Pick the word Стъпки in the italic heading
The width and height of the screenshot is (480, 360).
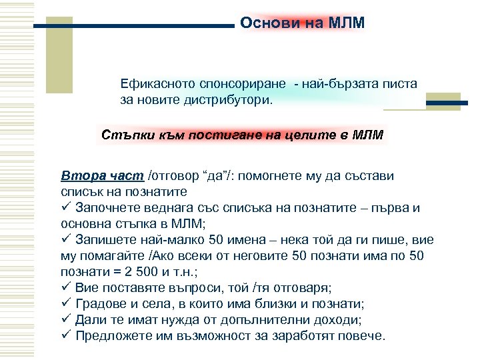pyautogui.click(x=125, y=135)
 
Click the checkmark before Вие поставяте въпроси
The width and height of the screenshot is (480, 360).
pyautogui.click(x=65, y=288)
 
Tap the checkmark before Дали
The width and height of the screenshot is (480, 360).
pyautogui.click(x=65, y=320)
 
